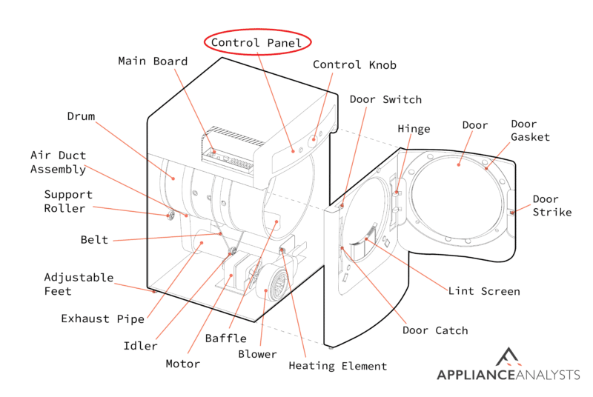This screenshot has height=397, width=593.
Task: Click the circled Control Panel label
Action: (x=256, y=43)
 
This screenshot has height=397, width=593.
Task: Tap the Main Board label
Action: (x=153, y=61)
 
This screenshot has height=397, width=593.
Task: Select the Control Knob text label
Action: (x=354, y=65)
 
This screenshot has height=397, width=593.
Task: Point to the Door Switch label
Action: (x=385, y=100)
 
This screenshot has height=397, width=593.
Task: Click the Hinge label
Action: (x=414, y=129)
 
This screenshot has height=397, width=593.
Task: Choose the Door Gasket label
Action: (x=530, y=130)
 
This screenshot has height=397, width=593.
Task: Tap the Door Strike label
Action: (x=551, y=205)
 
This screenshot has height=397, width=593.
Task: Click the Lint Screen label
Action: (x=484, y=291)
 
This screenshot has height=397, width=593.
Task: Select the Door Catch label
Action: (x=435, y=330)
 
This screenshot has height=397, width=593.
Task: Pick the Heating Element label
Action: (x=338, y=366)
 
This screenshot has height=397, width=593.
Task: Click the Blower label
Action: (x=257, y=354)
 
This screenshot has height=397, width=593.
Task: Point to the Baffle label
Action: (x=226, y=338)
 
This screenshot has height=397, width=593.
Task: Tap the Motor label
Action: (x=182, y=364)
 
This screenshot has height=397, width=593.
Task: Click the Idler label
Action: (x=140, y=346)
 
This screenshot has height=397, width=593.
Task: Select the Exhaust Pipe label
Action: (x=102, y=318)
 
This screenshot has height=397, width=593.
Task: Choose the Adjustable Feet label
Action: (x=79, y=284)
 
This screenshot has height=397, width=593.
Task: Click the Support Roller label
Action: (x=68, y=201)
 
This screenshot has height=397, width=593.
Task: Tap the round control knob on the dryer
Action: (x=313, y=141)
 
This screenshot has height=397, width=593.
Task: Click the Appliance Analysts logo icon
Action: (x=508, y=357)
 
